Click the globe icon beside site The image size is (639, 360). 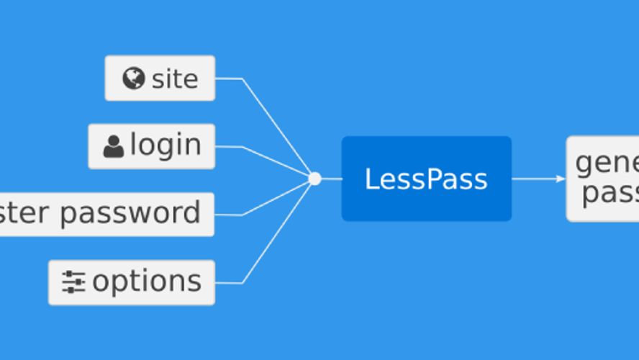pyautogui.click(x=133, y=78)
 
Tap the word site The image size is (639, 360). pyautogui.click(x=175, y=78)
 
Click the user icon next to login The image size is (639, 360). pyautogui.click(x=114, y=146)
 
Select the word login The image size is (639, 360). pyautogui.click(x=166, y=145)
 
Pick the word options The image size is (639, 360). pyautogui.click(x=147, y=282)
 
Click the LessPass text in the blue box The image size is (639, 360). pyautogui.click(x=426, y=179)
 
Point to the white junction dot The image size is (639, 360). pyautogui.click(x=314, y=179)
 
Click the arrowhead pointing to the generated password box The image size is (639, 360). pyautogui.click(x=561, y=179)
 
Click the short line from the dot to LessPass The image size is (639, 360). pyautogui.click(x=331, y=179)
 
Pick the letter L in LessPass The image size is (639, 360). pyautogui.click(x=371, y=179)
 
